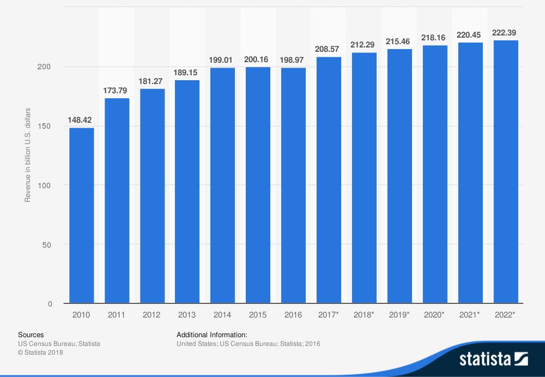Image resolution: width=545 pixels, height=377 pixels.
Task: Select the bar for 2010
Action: coord(81,216)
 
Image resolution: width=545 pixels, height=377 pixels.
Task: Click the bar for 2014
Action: coord(222,185)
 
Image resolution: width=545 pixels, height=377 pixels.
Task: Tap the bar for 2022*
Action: coord(505,172)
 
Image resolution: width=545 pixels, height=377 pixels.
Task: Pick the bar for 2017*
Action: coord(329,180)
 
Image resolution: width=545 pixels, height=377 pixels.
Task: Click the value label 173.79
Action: coord(117,90)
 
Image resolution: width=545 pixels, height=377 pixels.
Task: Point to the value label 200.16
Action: coord(258,59)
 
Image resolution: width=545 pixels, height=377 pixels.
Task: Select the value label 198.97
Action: coord(293,59)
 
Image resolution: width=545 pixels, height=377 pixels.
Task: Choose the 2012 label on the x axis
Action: coord(152,315)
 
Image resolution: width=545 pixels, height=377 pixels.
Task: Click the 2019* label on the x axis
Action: coord(400,315)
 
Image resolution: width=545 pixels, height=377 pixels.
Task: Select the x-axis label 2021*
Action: coord(470,315)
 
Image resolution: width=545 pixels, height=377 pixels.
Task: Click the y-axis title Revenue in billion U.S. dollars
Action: coord(27,155)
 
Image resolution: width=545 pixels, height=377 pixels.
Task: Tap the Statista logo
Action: coord(493,359)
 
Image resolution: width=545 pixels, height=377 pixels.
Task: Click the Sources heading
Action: coord(31,334)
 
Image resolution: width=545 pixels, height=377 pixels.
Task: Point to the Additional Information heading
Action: coord(212,334)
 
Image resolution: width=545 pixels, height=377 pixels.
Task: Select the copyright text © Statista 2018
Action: coord(40,352)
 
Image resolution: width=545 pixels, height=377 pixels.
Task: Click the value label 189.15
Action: coord(187,72)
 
